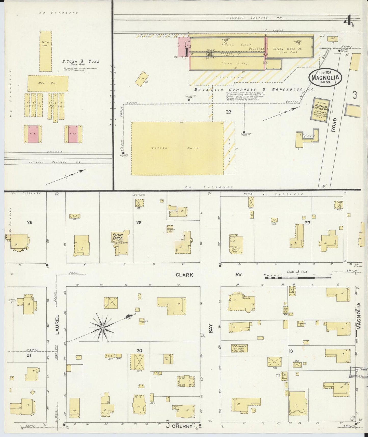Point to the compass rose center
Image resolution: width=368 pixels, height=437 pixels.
102,328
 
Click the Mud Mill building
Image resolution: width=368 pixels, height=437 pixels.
48,83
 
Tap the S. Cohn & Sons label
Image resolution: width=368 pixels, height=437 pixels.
81,61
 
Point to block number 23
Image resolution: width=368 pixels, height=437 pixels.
228,112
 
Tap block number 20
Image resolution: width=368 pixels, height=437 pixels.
139,351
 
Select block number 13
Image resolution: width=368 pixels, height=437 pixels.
291,351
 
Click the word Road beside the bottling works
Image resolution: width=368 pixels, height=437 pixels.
334,125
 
